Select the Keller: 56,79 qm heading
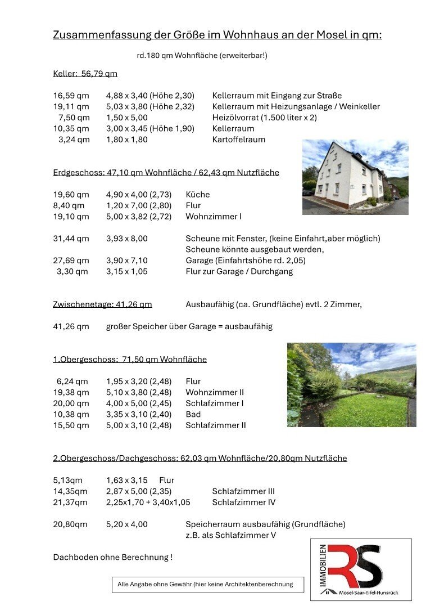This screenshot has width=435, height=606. click(x=85, y=73)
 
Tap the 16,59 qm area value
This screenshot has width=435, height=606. click(x=71, y=96)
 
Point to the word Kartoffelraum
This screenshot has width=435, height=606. click(x=239, y=140)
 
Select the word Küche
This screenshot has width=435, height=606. click(x=197, y=195)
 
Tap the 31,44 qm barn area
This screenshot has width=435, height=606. click(x=71, y=239)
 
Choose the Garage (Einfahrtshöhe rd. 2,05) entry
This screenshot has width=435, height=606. click(x=246, y=261)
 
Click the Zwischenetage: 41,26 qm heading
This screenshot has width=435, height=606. click(x=102, y=304)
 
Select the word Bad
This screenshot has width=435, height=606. click(x=193, y=414)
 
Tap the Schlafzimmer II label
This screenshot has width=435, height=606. click(x=216, y=425)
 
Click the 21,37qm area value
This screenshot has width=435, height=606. click(x=70, y=502)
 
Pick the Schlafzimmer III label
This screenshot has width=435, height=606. click(x=243, y=491)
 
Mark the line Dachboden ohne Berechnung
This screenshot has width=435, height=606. click(x=112, y=557)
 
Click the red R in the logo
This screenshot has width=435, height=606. click(x=343, y=565)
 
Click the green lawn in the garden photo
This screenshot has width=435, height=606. click(x=365, y=411)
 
